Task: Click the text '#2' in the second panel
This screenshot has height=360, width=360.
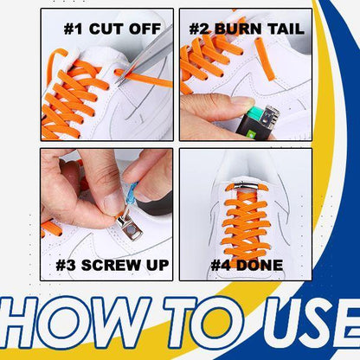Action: (202, 29)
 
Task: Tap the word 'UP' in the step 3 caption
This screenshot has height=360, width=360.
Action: (154, 264)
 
